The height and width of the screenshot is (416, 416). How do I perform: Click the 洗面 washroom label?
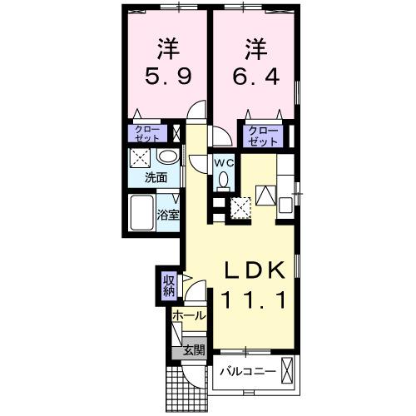coord(156,177)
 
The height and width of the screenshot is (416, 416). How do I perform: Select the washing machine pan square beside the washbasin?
coord(141,157)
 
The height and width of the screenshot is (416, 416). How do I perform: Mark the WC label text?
coord(224,163)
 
